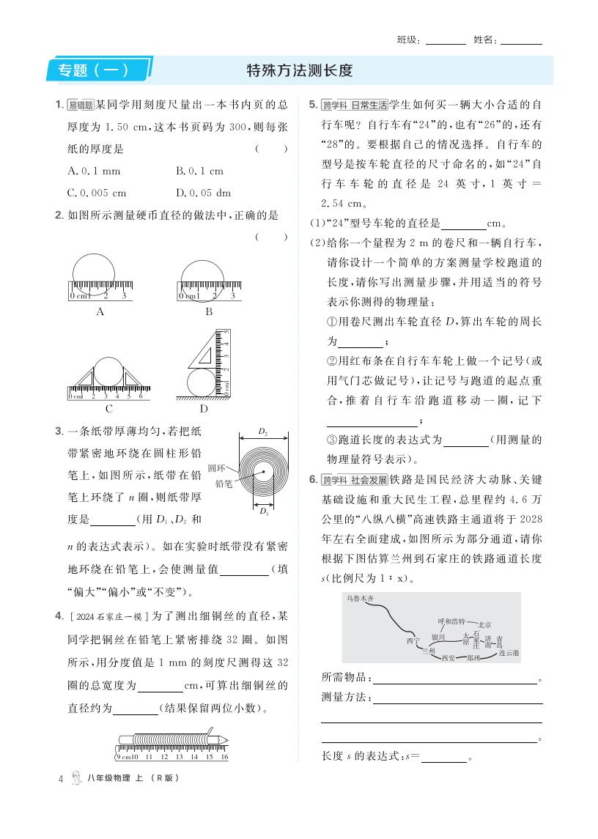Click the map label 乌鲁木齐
click(361, 598)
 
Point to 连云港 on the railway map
click(508, 652)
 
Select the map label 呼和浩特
click(451, 621)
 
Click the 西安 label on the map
click(448, 658)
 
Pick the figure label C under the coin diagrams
click(108, 409)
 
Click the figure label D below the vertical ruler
click(204, 409)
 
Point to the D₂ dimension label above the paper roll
click(262, 433)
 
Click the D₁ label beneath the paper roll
click(262, 512)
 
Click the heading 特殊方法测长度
click(300, 71)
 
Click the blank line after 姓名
click(521, 40)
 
